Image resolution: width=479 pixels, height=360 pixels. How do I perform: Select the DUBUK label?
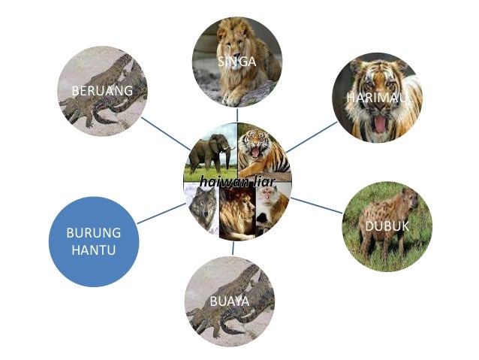tap(387, 226)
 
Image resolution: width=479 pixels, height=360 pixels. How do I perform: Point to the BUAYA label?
tap(229, 302)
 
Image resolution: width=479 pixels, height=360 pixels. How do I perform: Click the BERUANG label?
tap(102, 91)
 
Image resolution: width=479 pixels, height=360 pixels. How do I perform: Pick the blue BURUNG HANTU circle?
tap(93, 241)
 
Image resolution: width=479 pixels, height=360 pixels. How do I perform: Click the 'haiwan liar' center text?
tap(236, 181)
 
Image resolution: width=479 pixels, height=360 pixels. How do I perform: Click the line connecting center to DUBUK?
tap(316, 206)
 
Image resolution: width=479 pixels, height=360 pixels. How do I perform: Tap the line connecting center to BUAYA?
tap(233, 247)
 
